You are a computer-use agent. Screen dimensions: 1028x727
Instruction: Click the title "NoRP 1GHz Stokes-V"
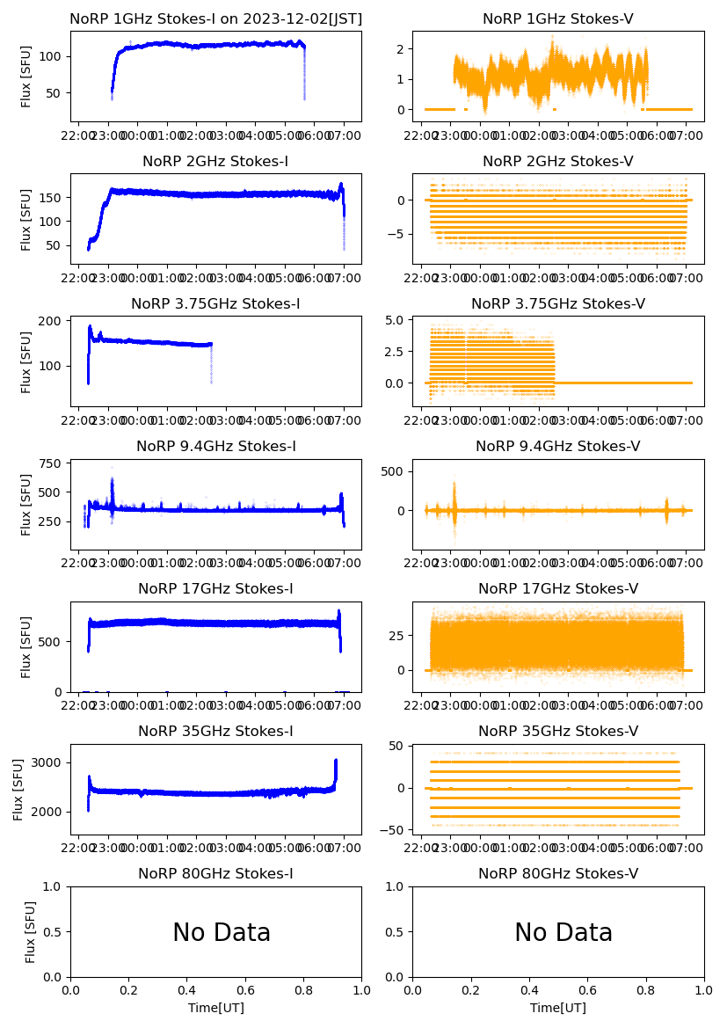click(x=558, y=19)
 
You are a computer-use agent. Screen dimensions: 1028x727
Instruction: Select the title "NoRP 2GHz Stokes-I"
click(x=215, y=162)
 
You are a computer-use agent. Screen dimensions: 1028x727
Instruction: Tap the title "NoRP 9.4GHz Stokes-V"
click(x=558, y=447)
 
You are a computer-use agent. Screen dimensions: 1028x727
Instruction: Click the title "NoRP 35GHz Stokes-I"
click(x=215, y=732)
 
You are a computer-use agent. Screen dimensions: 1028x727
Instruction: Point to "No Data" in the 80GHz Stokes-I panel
click(x=222, y=933)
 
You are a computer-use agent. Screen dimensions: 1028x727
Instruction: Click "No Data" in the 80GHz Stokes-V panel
click(x=563, y=933)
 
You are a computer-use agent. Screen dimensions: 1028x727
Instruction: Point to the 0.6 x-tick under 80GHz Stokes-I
click(x=245, y=989)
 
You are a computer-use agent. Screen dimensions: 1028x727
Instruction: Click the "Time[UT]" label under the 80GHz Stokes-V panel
click(x=558, y=1008)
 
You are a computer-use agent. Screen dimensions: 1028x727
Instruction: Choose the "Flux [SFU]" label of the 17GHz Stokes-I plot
click(x=26, y=647)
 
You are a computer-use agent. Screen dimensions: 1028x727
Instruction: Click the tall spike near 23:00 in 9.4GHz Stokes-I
click(x=112, y=484)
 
